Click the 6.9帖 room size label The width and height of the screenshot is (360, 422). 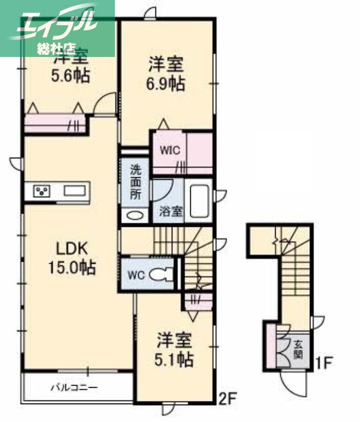pyautogui.click(x=166, y=83)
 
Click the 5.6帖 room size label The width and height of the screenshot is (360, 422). pyautogui.click(x=70, y=75)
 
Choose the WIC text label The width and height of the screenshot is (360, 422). pyautogui.click(x=170, y=150)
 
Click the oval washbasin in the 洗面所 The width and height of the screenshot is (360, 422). pyautogui.click(x=135, y=215)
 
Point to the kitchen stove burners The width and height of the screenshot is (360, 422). pyautogui.click(x=41, y=191)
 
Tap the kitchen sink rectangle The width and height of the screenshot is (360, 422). pyautogui.click(x=75, y=191)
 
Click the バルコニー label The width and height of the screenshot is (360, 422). pyautogui.click(x=74, y=388)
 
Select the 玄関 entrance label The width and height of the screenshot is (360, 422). pyautogui.click(x=298, y=348)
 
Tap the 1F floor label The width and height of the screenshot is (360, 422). pyautogui.click(x=323, y=363)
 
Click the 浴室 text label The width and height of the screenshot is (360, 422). pyautogui.click(x=171, y=212)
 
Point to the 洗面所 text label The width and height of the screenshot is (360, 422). pyautogui.click(x=136, y=183)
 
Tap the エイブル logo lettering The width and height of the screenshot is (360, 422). pyautogui.click(x=58, y=24)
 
